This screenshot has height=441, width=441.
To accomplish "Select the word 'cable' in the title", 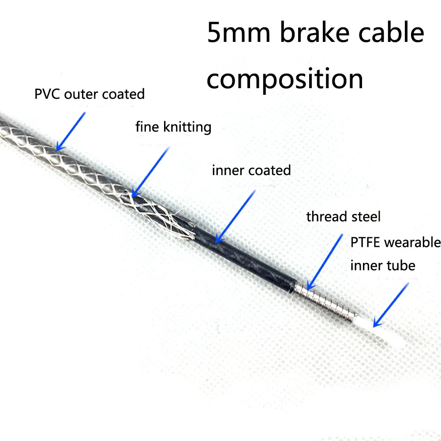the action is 392,34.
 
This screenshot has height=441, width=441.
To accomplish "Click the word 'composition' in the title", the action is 285,79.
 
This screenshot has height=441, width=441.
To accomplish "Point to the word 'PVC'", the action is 47,94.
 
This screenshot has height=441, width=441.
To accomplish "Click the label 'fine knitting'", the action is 173,127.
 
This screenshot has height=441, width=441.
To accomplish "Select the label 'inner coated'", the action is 251,170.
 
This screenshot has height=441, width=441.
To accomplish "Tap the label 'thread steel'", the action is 343,217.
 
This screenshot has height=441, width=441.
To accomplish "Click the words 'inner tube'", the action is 382,265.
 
